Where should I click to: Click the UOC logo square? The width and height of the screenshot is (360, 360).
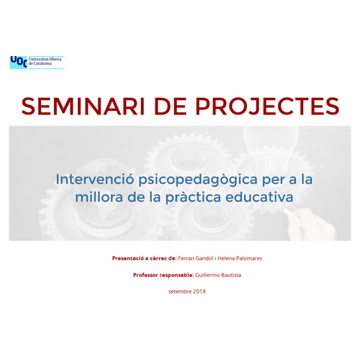[x=19, y=63]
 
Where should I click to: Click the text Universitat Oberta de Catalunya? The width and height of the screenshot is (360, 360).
[x=45, y=61]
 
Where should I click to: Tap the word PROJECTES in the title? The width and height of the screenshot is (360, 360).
[x=267, y=106]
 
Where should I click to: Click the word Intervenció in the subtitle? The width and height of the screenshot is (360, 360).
[x=94, y=179]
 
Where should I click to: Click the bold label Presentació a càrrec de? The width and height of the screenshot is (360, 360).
[x=144, y=258]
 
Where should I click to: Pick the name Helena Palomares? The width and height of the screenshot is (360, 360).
[x=240, y=258]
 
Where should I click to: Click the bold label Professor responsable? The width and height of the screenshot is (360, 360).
[x=163, y=275]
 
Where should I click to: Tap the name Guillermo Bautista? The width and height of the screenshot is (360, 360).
[x=218, y=275]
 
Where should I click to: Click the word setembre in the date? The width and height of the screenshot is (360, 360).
[x=180, y=292]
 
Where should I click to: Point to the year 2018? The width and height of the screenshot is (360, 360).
[x=199, y=292]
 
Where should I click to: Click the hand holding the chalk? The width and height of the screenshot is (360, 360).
[x=312, y=225]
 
